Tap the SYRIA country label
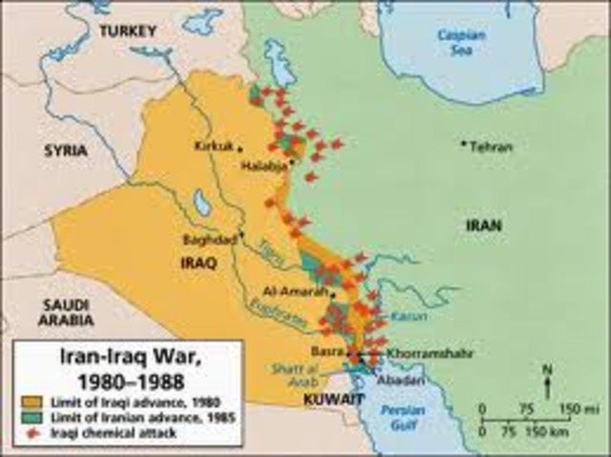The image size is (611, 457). (x=65, y=151)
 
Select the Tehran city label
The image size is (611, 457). (x=492, y=147)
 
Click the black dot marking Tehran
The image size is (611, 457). (x=464, y=144)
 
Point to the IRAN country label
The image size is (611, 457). (x=483, y=226)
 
